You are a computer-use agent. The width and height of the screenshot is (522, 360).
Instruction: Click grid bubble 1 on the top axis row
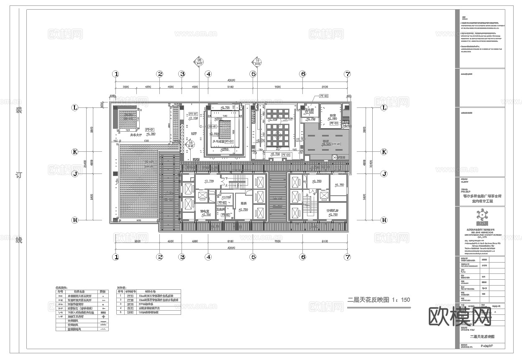pyautogui.click(x=116, y=74)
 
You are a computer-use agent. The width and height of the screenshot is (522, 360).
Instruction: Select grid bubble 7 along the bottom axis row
pyautogui.click(x=347, y=257)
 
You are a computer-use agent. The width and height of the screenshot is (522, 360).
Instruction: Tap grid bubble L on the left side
pyautogui.click(x=75, y=107)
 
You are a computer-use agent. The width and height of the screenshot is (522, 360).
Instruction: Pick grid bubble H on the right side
pyautogui.click(x=384, y=220)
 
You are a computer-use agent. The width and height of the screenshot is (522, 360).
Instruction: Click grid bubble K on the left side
pyautogui.click(x=75, y=152)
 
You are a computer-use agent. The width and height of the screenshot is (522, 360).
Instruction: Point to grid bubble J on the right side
pyautogui.click(x=384, y=174)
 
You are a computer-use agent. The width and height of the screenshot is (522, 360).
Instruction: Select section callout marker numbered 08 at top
pyautogui.click(x=199, y=61)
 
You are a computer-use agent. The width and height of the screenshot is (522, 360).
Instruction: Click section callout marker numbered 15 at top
pyautogui.click(x=257, y=61)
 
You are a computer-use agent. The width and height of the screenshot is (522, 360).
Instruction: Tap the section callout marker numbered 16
pyautogui.click(x=191, y=145)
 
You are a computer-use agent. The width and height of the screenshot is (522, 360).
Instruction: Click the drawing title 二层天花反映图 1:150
pyautogui.click(x=379, y=300)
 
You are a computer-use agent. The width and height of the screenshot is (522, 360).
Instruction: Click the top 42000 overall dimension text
pyautogui.click(x=231, y=81)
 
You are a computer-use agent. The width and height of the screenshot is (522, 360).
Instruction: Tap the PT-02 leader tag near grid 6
pyautogui.click(x=324, y=96)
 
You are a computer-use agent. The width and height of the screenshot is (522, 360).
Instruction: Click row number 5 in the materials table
pyautogui.click(x=120, y=312)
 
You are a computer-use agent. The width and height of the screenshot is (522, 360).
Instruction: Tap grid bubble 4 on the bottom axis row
pyautogui.click(x=208, y=257)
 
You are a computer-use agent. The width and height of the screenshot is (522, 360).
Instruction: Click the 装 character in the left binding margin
pyautogui.click(x=18, y=110)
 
